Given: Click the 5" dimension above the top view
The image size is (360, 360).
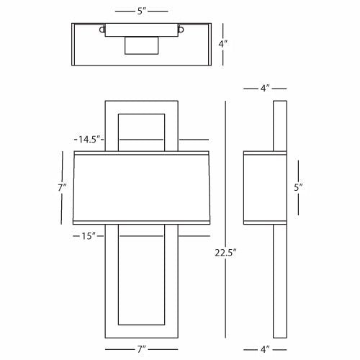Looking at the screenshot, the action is [142, 11].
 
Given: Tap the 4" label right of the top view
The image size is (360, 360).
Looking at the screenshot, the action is [223, 44].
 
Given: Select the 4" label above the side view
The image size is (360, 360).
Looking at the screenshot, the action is [265, 89].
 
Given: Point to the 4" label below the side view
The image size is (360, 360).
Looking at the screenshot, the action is [265, 349].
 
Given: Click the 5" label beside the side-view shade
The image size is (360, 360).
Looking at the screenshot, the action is [298, 187].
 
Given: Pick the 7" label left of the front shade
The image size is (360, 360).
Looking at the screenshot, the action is [62, 187].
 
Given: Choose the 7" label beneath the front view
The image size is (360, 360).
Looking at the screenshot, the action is [142, 349].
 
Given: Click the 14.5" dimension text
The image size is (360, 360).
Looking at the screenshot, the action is [89, 139].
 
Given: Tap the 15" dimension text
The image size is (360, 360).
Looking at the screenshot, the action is [89, 236].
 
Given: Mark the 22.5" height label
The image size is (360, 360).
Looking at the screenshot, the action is [225, 253].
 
